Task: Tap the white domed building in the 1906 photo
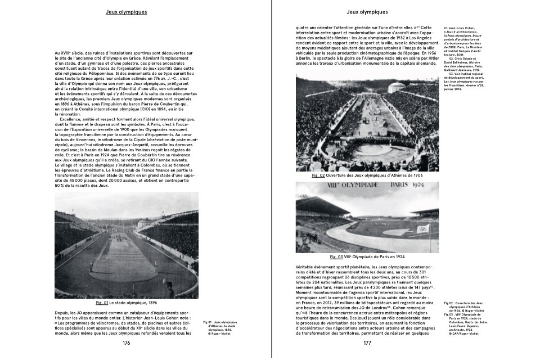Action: (398, 87)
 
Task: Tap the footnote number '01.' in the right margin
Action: (447, 28)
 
